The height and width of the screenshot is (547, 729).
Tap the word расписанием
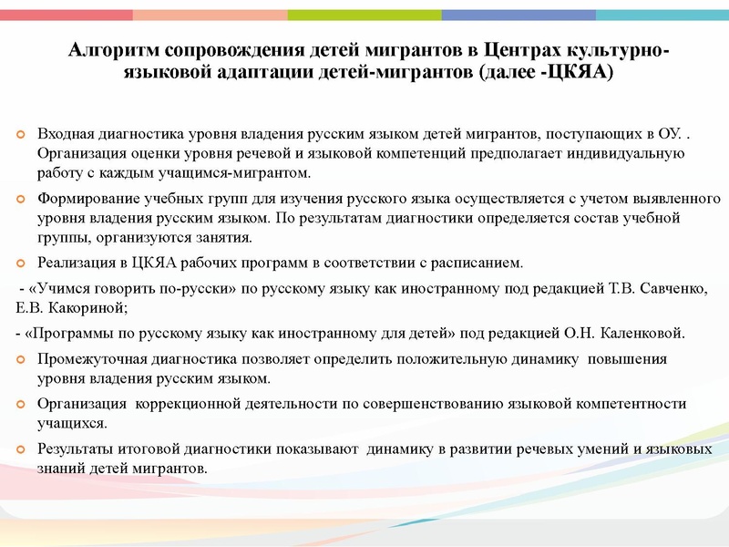(477, 263)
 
